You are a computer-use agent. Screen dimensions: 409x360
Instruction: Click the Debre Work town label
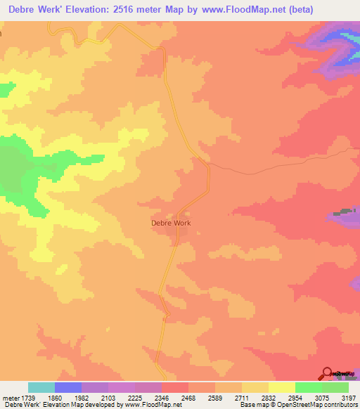(x=171, y=223)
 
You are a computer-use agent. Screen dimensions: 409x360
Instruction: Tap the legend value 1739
(x=29, y=398)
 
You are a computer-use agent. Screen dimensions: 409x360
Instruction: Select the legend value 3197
(x=348, y=398)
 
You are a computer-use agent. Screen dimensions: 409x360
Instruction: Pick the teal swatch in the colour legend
(x=41, y=387)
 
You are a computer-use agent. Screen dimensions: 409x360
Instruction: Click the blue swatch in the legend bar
(x=68, y=387)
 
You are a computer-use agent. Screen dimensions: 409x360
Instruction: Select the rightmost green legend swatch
(x=335, y=387)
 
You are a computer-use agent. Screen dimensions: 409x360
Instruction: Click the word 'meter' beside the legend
(x=9, y=398)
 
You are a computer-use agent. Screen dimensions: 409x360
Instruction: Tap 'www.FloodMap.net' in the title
(x=235, y=9)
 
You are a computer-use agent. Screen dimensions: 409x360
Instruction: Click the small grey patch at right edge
(x=344, y=212)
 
